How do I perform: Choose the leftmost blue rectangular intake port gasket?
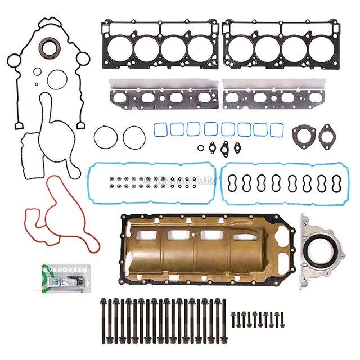pos(160,129)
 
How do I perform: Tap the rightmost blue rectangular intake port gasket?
pos(276,129)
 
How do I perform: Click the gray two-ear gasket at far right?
pos(328,136)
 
